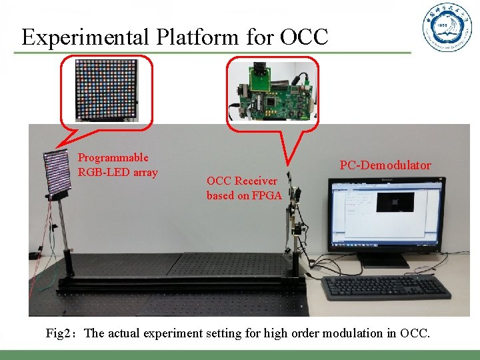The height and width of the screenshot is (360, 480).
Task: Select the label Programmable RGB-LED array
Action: (x=117, y=165)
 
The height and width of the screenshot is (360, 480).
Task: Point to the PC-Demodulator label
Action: (x=385, y=165)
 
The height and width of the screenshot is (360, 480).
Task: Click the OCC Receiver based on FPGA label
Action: (x=244, y=188)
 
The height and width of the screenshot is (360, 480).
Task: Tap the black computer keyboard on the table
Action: (x=385, y=287)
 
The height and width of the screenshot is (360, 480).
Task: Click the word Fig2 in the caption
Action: (x=61, y=333)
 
